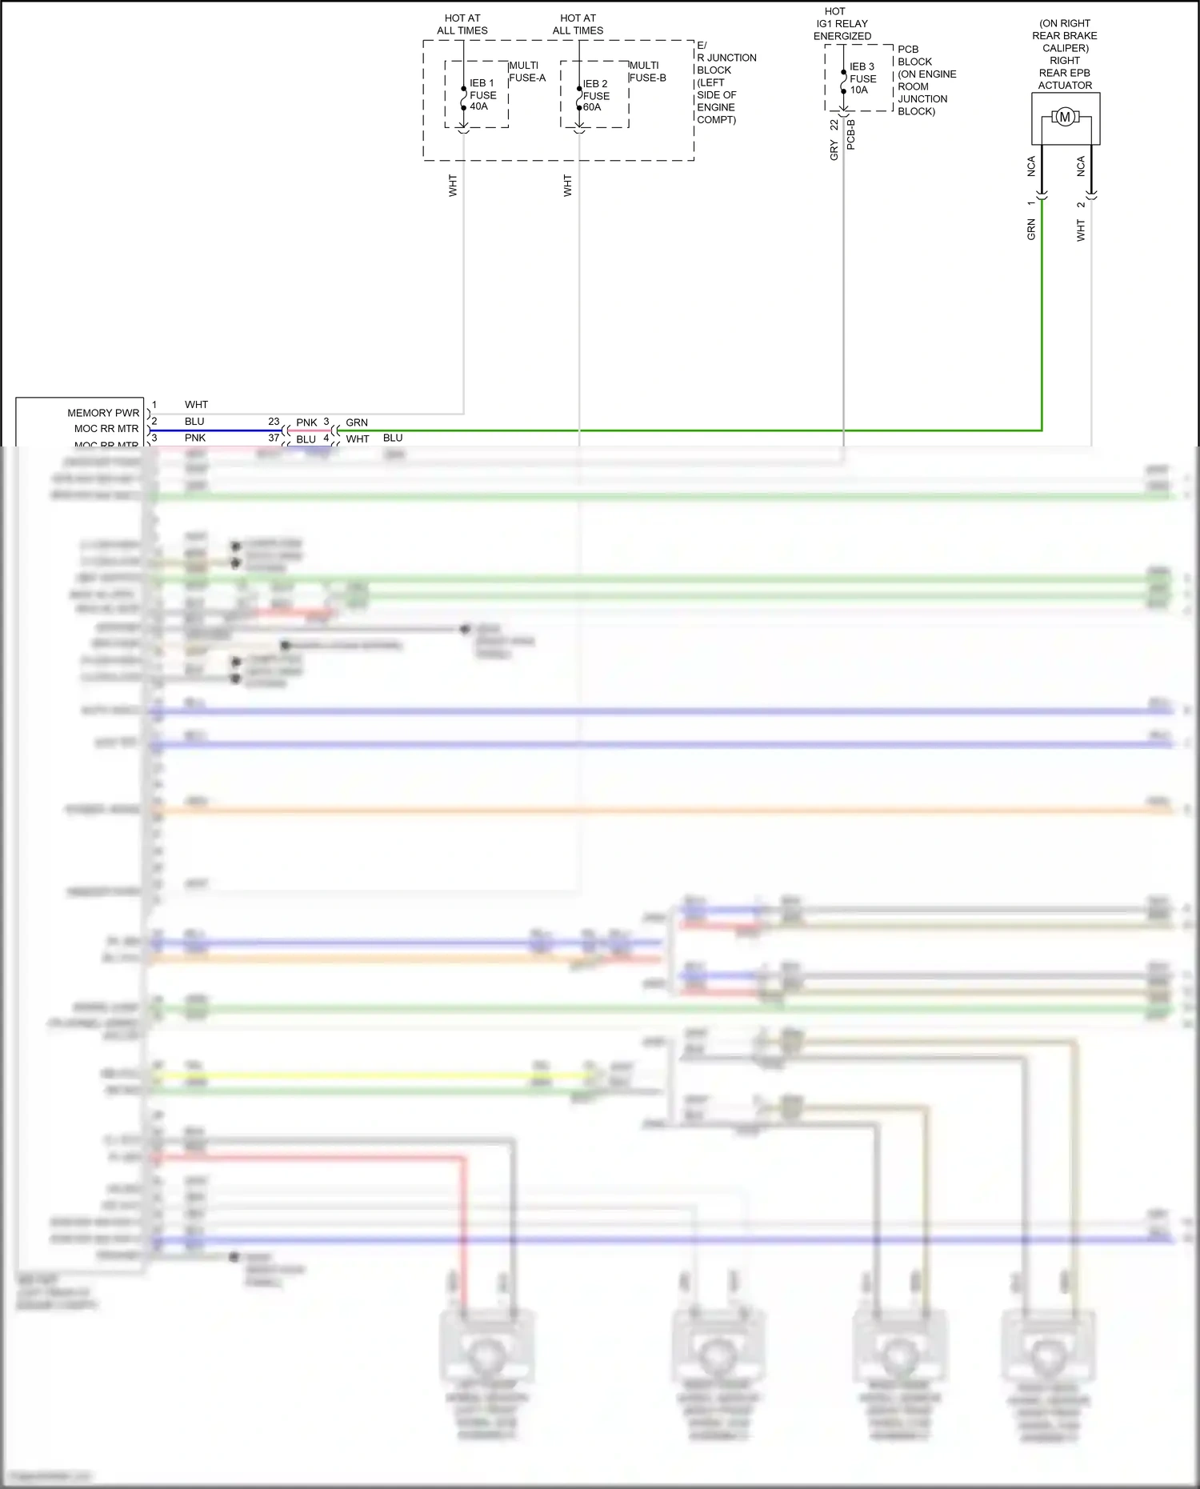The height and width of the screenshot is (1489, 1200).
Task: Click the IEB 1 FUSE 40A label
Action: click(482, 94)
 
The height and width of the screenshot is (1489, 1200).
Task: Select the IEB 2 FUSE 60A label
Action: click(595, 95)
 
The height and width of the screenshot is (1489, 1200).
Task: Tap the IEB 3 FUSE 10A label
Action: click(862, 78)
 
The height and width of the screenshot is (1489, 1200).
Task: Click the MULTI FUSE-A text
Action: click(526, 71)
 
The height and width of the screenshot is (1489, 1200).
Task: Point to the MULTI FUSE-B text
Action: click(646, 71)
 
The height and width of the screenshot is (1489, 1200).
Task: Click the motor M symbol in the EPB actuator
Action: click(1064, 117)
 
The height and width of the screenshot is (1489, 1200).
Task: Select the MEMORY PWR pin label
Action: click(103, 413)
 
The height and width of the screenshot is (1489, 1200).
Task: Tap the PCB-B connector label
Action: click(850, 134)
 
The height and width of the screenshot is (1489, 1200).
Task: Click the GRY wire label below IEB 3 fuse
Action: click(834, 150)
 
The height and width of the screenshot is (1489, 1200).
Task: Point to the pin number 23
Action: click(274, 421)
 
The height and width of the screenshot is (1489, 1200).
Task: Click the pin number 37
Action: click(274, 438)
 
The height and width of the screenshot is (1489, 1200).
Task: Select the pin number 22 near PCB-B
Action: click(834, 126)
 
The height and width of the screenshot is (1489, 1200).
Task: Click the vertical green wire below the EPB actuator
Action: click(1042, 320)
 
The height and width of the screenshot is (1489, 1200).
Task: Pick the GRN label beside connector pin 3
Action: click(357, 422)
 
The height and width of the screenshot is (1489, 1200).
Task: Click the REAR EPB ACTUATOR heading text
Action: click(1064, 78)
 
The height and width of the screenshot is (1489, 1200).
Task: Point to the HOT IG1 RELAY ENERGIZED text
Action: click(842, 24)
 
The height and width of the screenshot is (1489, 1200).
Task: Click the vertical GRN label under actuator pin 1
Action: click(1030, 230)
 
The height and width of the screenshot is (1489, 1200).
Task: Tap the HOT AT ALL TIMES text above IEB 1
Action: click(462, 24)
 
